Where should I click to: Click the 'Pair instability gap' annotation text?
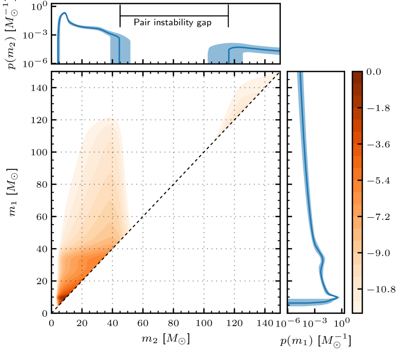pos(173,23)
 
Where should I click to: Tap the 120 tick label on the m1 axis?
pos(38,120)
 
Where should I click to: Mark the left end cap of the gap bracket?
pos(120,16)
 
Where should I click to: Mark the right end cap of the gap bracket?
pos(228,16)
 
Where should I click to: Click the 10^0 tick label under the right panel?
pos(340,323)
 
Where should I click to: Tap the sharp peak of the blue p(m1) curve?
pos(338,297)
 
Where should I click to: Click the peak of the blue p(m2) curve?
pos(64,13)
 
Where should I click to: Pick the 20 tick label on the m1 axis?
pos(41,281)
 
